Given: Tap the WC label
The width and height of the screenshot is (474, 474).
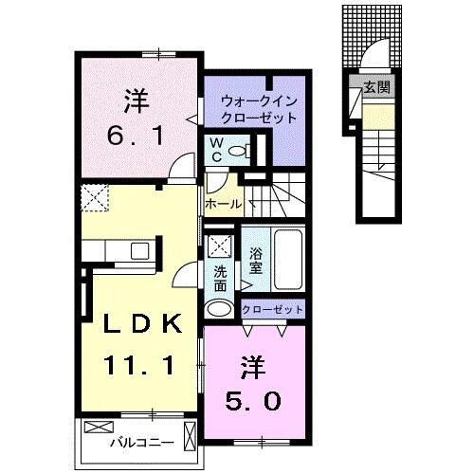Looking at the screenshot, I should tap(217, 149).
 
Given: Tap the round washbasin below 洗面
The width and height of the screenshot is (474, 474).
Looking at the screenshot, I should tap(218, 308).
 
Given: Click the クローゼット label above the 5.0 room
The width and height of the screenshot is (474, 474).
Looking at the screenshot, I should tap(273, 309).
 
